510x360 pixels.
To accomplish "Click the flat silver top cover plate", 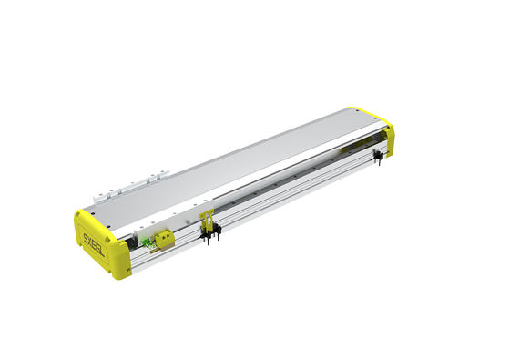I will click(237, 164).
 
